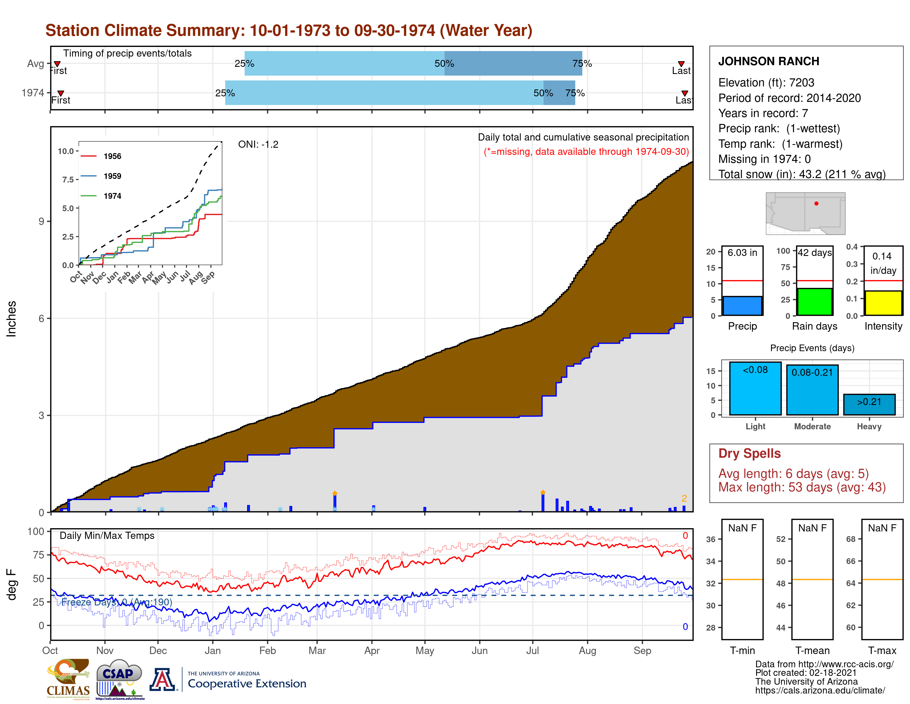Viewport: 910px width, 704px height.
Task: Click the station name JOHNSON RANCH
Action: click(x=768, y=61)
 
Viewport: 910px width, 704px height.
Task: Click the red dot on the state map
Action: click(x=816, y=203)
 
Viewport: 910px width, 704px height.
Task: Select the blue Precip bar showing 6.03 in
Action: click(x=742, y=306)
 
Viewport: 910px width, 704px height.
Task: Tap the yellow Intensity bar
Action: click(x=883, y=303)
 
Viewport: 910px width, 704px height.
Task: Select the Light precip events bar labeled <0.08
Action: click(x=755, y=388)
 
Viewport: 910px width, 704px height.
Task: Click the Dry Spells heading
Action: click(x=749, y=453)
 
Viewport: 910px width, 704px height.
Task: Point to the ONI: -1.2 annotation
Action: click(x=258, y=144)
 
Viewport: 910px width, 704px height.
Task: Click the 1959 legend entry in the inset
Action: click(x=112, y=176)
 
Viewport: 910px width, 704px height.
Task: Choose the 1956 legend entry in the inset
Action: click(x=112, y=156)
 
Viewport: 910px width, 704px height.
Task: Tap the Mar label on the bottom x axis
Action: click(x=317, y=651)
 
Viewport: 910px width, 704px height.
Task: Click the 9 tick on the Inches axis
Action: click(x=41, y=221)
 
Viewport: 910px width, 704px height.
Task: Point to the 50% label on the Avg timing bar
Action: click(x=444, y=63)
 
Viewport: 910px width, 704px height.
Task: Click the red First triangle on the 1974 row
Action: click(x=61, y=93)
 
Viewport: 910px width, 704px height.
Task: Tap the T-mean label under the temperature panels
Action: click(x=812, y=651)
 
